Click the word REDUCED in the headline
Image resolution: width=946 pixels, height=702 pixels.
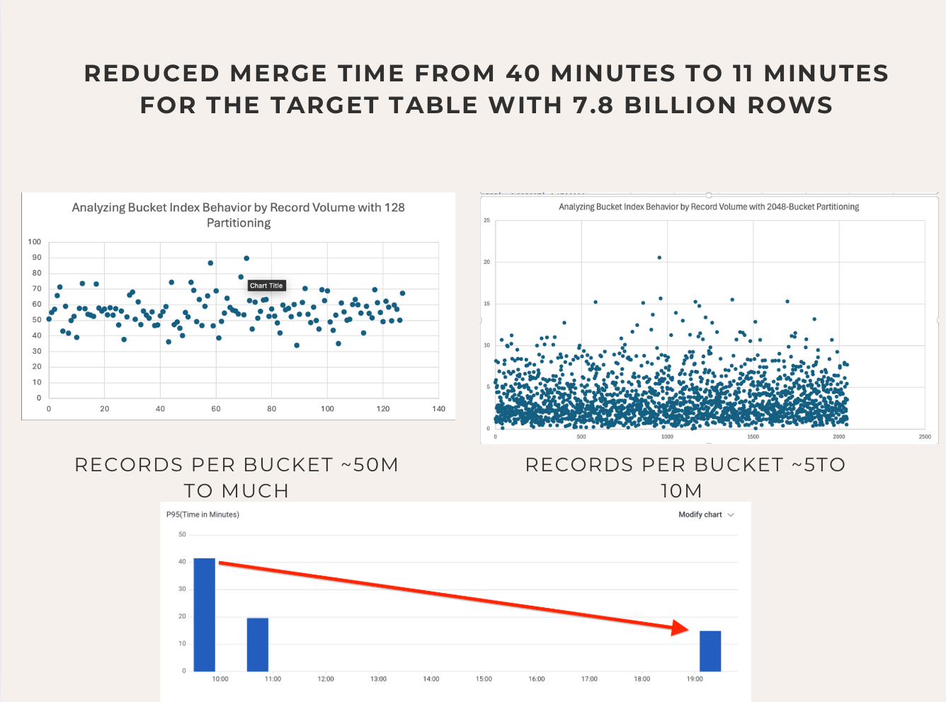(x=152, y=74)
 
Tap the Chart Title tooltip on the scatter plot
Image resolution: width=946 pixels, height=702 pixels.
(x=266, y=286)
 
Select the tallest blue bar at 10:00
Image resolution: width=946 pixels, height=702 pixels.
(x=204, y=614)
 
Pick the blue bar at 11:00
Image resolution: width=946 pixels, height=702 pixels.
(x=258, y=644)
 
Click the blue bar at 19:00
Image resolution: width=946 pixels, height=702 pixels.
(x=710, y=651)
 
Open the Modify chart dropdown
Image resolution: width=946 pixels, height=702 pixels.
(x=706, y=514)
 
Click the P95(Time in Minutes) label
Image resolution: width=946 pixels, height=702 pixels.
(x=203, y=514)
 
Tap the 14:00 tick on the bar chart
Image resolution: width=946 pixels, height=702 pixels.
(x=431, y=679)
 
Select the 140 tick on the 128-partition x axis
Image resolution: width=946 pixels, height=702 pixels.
(x=439, y=409)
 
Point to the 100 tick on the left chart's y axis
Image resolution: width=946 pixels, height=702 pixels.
(x=35, y=242)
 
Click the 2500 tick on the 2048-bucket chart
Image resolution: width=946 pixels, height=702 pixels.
(x=925, y=437)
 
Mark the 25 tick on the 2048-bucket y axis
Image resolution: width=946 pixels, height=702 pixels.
(x=486, y=221)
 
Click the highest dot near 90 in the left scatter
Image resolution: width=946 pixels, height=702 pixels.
(x=246, y=258)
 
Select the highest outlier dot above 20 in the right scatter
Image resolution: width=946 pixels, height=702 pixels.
(x=659, y=258)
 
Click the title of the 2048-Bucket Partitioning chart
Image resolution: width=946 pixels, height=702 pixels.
(x=709, y=207)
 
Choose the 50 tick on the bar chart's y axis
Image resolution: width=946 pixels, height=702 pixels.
(x=182, y=534)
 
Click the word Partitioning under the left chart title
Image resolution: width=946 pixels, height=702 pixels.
(x=239, y=223)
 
